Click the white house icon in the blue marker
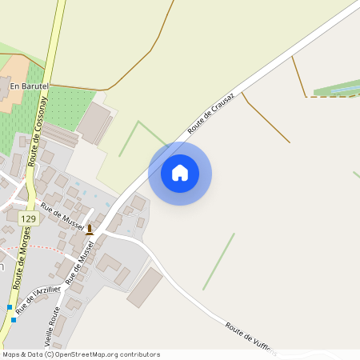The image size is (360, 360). coord(180,173)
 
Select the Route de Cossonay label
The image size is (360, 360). coord(38,137)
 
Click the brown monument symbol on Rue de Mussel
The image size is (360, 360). coord(90,229)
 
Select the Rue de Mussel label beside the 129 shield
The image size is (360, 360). coord(62,214)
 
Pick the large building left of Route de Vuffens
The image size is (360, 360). coord(145,286)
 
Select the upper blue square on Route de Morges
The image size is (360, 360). coord(10,307)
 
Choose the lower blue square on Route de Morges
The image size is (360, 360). coord(14,320)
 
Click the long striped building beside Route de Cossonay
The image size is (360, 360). coord(60,134)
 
